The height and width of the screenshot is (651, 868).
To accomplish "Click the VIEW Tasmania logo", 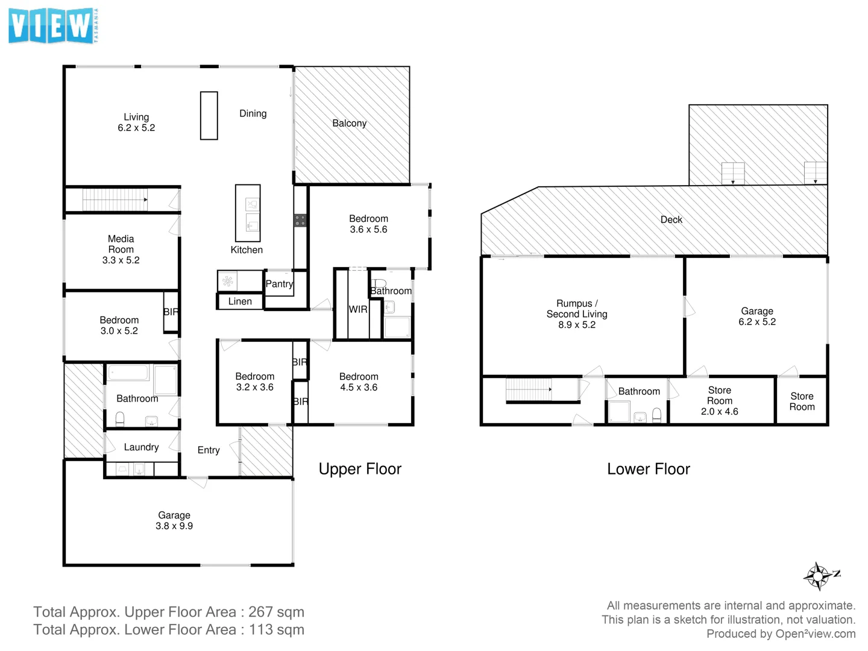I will click(x=53, y=27).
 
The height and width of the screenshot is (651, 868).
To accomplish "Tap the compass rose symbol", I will click(x=818, y=576).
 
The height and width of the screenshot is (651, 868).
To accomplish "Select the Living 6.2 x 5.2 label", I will click(x=136, y=122).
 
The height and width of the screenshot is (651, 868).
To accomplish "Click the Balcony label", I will click(x=349, y=123).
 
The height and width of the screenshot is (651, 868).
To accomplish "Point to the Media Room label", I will click(x=121, y=250).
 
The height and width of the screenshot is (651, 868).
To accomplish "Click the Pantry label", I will click(x=279, y=284).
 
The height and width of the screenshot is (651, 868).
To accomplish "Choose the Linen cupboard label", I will click(x=240, y=301).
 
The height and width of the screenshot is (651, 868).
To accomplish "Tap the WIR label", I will click(x=357, y=309).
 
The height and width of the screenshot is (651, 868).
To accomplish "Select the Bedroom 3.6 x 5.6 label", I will click(x=368, y=224).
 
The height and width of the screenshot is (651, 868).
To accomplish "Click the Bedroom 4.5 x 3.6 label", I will click(x=359, y=382).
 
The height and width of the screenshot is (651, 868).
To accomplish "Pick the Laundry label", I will click(x=141, y=447).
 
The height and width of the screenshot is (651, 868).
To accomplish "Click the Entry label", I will click(x=209, y=450).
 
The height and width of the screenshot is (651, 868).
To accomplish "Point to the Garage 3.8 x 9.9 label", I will click(x=174, y=520).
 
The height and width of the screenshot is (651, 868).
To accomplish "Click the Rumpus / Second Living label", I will click(x=577, y=314).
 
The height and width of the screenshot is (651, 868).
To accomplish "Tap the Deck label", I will click(x=671, y=220).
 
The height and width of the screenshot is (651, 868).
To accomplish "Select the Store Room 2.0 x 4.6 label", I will click(x=719, y=401).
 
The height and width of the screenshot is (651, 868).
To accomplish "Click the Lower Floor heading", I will click(x=648, y=469).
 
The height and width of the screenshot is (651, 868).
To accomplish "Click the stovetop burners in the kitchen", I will click(x=300, y=220).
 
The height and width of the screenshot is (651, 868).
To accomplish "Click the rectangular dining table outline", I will click(x=209, y=116).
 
